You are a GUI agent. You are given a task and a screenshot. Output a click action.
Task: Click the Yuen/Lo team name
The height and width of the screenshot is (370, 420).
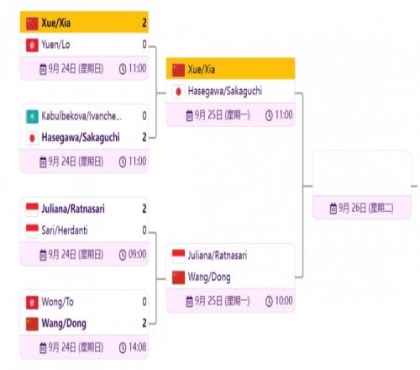pos(55,45)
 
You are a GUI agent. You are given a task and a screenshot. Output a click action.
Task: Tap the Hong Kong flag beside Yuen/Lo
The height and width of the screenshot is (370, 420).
pos(32,45)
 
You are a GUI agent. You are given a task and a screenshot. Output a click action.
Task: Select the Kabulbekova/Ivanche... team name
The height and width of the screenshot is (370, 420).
pos(81,116)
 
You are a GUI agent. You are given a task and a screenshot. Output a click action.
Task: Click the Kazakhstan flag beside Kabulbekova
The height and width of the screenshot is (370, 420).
pos(32,117)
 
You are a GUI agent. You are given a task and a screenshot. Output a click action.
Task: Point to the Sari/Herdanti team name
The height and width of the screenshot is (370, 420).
pos(65,230)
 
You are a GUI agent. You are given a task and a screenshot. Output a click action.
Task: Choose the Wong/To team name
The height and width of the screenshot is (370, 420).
pos(57,302)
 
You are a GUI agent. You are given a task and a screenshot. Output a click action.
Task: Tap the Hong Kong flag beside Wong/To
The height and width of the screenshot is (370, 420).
pos(32,303)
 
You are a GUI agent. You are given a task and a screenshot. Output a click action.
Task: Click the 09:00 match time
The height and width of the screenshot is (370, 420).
pos(137,254)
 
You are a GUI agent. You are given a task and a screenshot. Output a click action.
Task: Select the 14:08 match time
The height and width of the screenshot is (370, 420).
pos(137,347)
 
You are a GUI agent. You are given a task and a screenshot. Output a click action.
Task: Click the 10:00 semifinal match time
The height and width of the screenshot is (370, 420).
pos(284,301)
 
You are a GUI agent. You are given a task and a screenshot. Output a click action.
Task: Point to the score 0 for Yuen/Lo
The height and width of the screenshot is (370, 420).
pos(144,45)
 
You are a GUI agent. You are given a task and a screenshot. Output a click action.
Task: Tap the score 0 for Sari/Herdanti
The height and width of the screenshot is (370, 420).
pos(144,230)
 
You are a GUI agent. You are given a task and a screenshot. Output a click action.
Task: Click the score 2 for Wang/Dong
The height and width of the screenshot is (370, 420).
pos(144,323)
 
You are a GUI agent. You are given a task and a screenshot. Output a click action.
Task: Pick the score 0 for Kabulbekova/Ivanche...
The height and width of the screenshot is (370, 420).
pos(144,116)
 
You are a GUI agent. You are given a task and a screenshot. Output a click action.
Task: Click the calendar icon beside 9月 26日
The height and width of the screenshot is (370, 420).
pos(333,209)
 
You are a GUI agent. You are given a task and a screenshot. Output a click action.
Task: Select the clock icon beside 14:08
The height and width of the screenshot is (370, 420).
pos(123,348)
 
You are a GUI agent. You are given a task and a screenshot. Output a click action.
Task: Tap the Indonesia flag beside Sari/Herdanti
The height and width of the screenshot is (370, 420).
pos(32,231)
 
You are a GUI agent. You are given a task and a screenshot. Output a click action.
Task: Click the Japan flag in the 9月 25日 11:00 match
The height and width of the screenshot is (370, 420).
pos(178,92)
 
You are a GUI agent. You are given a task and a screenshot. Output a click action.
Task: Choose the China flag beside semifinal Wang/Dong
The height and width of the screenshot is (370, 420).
pos(178,277)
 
